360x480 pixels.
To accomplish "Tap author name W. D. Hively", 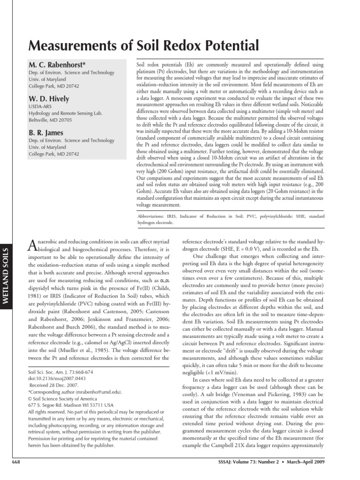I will (x=49, y=98).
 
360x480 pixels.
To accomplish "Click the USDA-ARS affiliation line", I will (x=41, y=106).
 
